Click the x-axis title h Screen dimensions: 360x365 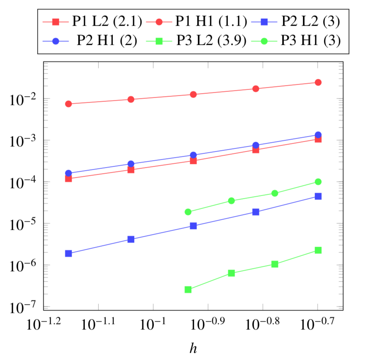click(x=193, y=347)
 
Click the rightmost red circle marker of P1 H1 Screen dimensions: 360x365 click(x=318, y=82)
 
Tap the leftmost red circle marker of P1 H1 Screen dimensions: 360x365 click(x=69, y=104)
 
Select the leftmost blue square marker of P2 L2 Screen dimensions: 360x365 click(x=69, y=254)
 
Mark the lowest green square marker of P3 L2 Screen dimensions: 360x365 click(x=188, y=290)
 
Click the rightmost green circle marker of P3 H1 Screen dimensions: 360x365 click(x=318, y=182)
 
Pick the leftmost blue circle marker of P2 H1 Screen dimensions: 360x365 click(x=69, y=173)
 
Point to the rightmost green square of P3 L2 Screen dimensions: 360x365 click(x=318, y=250)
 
